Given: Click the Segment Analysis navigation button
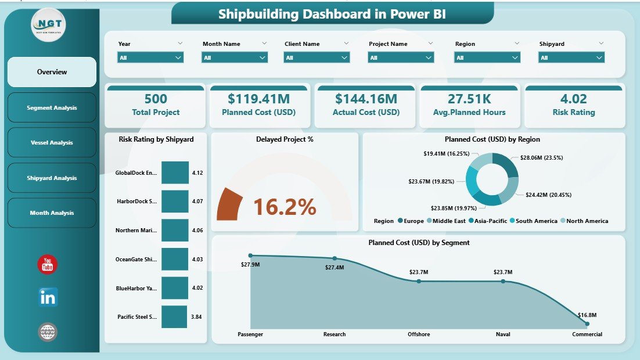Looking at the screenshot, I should click(x=52, y=107).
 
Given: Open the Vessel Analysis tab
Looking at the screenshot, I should click(x=52, y=143).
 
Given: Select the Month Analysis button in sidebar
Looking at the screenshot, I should click(x=52, y=213).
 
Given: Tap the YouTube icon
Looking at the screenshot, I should click(x=48, y=265).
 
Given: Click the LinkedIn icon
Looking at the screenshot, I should click(x=48, y=297).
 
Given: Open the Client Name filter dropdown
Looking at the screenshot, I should click(x=317, y=57).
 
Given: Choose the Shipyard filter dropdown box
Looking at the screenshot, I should click(x=571, y=57).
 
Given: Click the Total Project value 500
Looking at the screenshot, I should click(x=156, y=99).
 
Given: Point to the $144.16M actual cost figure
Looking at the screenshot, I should click(x=365, y=99).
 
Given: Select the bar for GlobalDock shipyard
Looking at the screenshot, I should click(x=175, y=172).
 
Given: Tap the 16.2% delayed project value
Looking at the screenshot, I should click(x=285, y=207).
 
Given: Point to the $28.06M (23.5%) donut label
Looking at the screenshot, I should click(x=530, y=157).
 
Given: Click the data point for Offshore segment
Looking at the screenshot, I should click(x=419, y=281).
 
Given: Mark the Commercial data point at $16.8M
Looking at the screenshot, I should click(x=587, y=323).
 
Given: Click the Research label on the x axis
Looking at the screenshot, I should click(x=335, y=334).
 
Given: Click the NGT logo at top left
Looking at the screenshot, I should click(x=49, y=25).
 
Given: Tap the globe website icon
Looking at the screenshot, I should click(x=48, y=332).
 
